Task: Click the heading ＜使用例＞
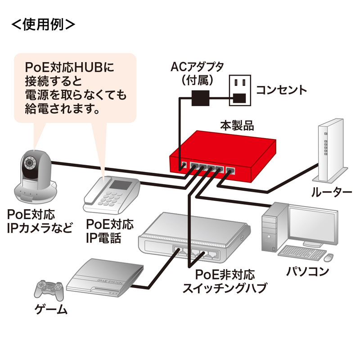point(43,24)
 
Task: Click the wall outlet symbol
point(239,90)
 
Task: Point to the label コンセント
point(281,89)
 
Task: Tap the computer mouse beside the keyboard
point(329,257)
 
